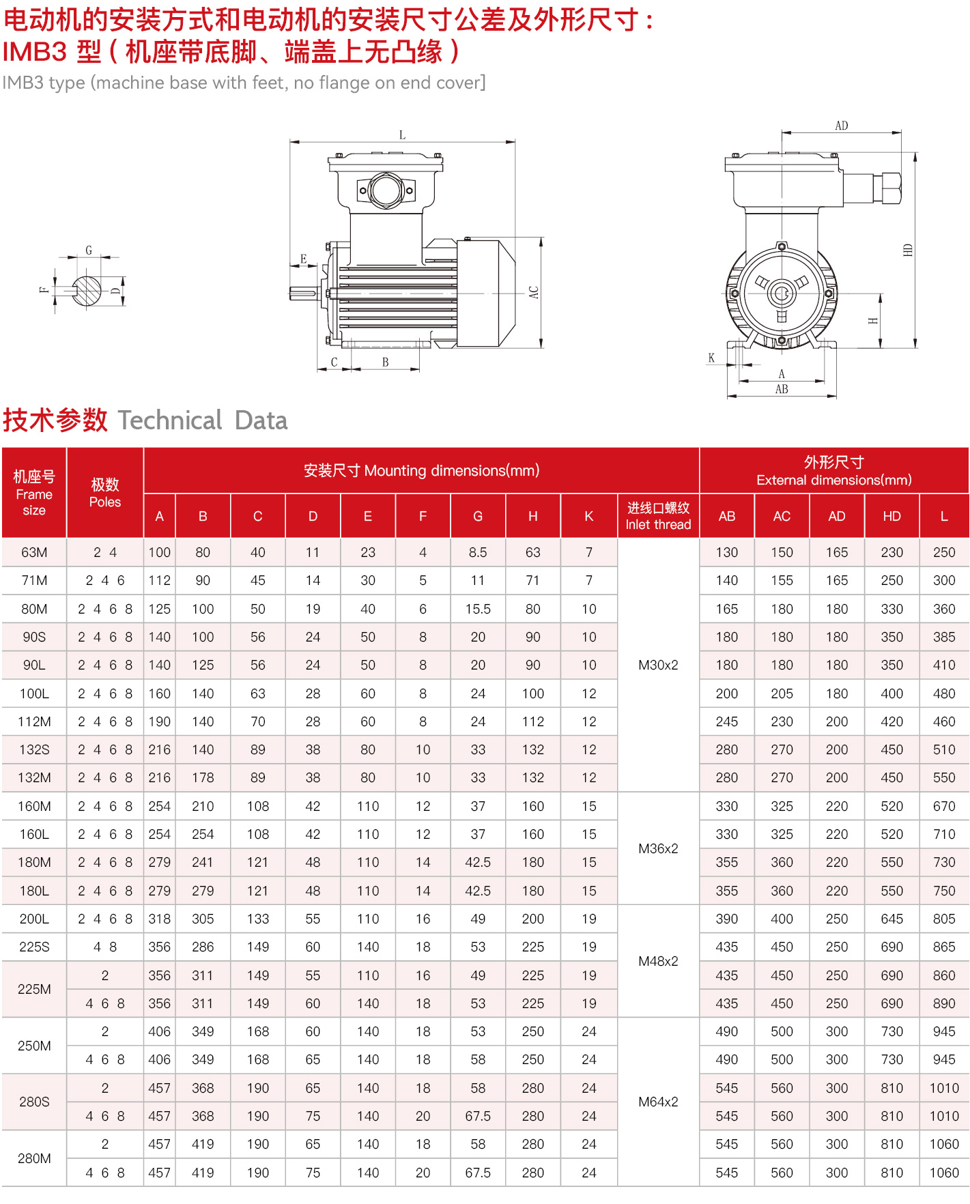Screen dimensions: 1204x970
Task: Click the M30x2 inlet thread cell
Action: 658,665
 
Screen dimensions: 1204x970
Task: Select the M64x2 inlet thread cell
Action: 658,1102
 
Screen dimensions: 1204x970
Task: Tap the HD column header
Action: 891,516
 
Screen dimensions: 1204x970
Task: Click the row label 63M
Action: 34,552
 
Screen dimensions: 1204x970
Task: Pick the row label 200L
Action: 34,919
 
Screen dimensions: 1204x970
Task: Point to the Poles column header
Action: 105,493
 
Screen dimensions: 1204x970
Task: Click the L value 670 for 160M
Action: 944,806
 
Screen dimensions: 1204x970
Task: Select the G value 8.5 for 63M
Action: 478,552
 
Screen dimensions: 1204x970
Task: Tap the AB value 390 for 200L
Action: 727,919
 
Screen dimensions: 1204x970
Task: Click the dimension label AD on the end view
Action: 842,126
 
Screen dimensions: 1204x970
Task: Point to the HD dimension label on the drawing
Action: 908,250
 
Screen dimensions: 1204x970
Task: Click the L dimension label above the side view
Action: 402,135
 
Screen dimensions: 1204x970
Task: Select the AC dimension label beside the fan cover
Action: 534,292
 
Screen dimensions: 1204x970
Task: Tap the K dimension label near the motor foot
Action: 711,358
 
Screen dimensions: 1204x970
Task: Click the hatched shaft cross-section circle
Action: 87,291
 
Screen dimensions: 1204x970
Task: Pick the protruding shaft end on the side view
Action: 304,293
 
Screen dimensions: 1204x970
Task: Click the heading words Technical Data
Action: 203,420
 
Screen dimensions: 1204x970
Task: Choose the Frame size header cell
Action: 34,493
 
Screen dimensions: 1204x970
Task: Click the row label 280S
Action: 34,1102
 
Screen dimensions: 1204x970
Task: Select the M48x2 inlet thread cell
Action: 658,961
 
